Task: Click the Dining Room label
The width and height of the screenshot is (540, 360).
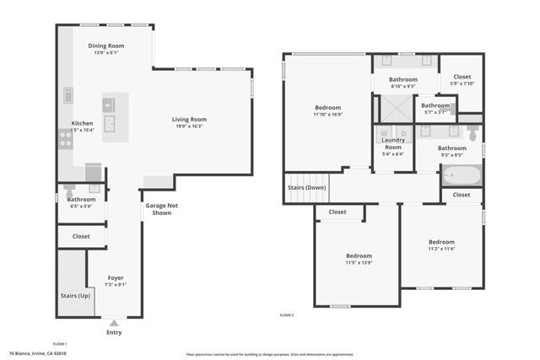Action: tap(106, 46)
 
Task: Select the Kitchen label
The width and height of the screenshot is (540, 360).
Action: tap(82, 123)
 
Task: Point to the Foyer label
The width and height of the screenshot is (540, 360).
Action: tap(116, 277)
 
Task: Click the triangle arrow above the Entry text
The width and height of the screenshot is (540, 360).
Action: tap(115, 322)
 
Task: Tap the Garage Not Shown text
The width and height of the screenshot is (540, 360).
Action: tap(161, 209)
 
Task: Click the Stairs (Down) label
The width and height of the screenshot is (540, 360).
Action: tap(307, 187)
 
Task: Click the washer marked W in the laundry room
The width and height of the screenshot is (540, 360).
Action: tap(384, 133)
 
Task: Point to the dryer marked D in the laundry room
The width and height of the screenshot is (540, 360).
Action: tap(402, 133)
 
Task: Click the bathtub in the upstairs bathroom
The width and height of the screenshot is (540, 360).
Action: tap(462, 175)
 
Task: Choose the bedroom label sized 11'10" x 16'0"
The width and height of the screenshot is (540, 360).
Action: tap(328, 107)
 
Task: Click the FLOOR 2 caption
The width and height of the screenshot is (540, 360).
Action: tap(287, 314)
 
